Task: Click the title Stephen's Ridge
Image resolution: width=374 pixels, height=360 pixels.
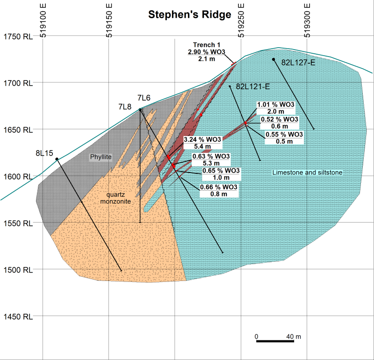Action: pyautogui.click(x=189, y=14)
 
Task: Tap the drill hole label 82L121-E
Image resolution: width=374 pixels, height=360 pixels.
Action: pyautogui.click(x=253, y=86)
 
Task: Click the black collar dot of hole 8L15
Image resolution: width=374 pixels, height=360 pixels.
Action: pyautogui.click(x=57, y=159)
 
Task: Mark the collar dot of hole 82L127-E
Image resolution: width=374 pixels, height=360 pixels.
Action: pyautogui.click(x=273, y=59)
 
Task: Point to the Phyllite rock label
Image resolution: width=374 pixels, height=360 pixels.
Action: pyautogui.click(x=101, y=157)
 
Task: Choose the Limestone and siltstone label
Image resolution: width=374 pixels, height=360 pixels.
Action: pyautogui.click(x=308, y=173)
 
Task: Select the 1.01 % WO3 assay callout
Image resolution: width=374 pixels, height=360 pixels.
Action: pyautogui.click(x=276, y=104)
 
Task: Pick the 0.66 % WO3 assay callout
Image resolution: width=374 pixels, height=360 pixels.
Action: pyautogui.click(x=219, y=187)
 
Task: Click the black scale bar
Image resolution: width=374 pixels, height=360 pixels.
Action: pyautogui.click(x=275, y=342)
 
